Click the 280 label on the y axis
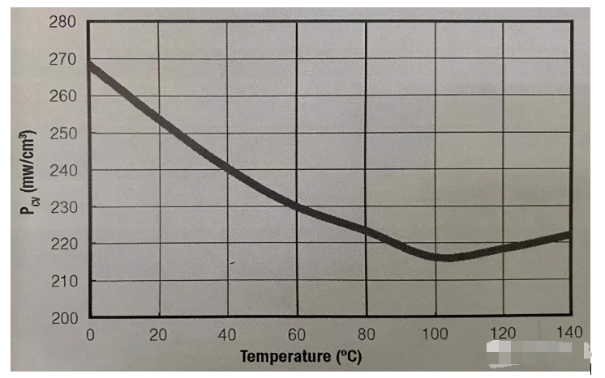tap(62, 22)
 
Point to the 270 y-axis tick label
tap(62, 60)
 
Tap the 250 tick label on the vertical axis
tap(63, 134)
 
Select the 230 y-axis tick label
tap(64, 207)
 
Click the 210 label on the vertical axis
tap(64, 282)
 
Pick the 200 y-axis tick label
tap(64, 318)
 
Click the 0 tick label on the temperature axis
tap(90, 335)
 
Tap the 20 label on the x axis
tap(158, 335)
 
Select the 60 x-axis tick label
tap(296, 335)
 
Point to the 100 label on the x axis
tap(435, 334)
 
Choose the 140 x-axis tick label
tap(569, 332)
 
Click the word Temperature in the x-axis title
tap(285, 356)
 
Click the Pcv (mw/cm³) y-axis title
tap(28, 172)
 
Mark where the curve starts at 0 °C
tap(90, 66)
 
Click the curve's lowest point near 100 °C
tap(448, 258)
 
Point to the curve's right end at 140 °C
tap(569, 236)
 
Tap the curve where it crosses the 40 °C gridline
tap(227, 169)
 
